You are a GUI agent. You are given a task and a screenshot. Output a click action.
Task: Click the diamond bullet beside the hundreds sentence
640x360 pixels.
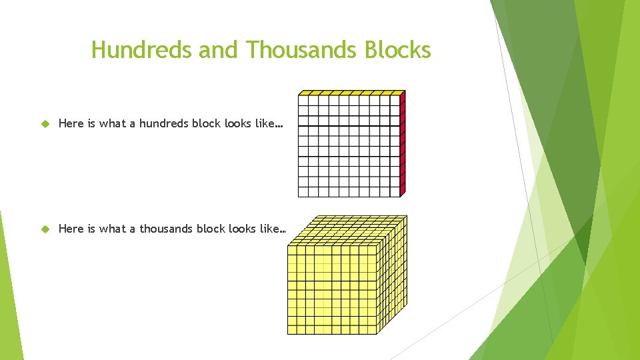tap(45, 123)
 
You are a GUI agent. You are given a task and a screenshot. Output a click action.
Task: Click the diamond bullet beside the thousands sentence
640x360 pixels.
tap(45, 229)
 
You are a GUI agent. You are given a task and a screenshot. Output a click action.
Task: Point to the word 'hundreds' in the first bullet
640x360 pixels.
tap(163, 123)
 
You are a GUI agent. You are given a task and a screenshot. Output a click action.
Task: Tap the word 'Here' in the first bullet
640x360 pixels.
tap(71, 123)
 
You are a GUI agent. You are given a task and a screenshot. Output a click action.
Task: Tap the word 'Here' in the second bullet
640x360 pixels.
tap(71, 229)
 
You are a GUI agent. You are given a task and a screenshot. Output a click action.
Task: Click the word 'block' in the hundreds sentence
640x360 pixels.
tap(207, 123)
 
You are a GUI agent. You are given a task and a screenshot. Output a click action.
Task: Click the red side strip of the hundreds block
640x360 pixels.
tap(403, 143)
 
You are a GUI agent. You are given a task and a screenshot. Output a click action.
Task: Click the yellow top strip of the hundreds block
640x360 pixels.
tap(351, 93)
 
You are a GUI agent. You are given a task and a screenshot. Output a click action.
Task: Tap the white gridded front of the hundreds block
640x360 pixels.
tap(348, 147)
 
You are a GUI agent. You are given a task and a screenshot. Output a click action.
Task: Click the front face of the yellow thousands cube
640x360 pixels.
tap(332, 289)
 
